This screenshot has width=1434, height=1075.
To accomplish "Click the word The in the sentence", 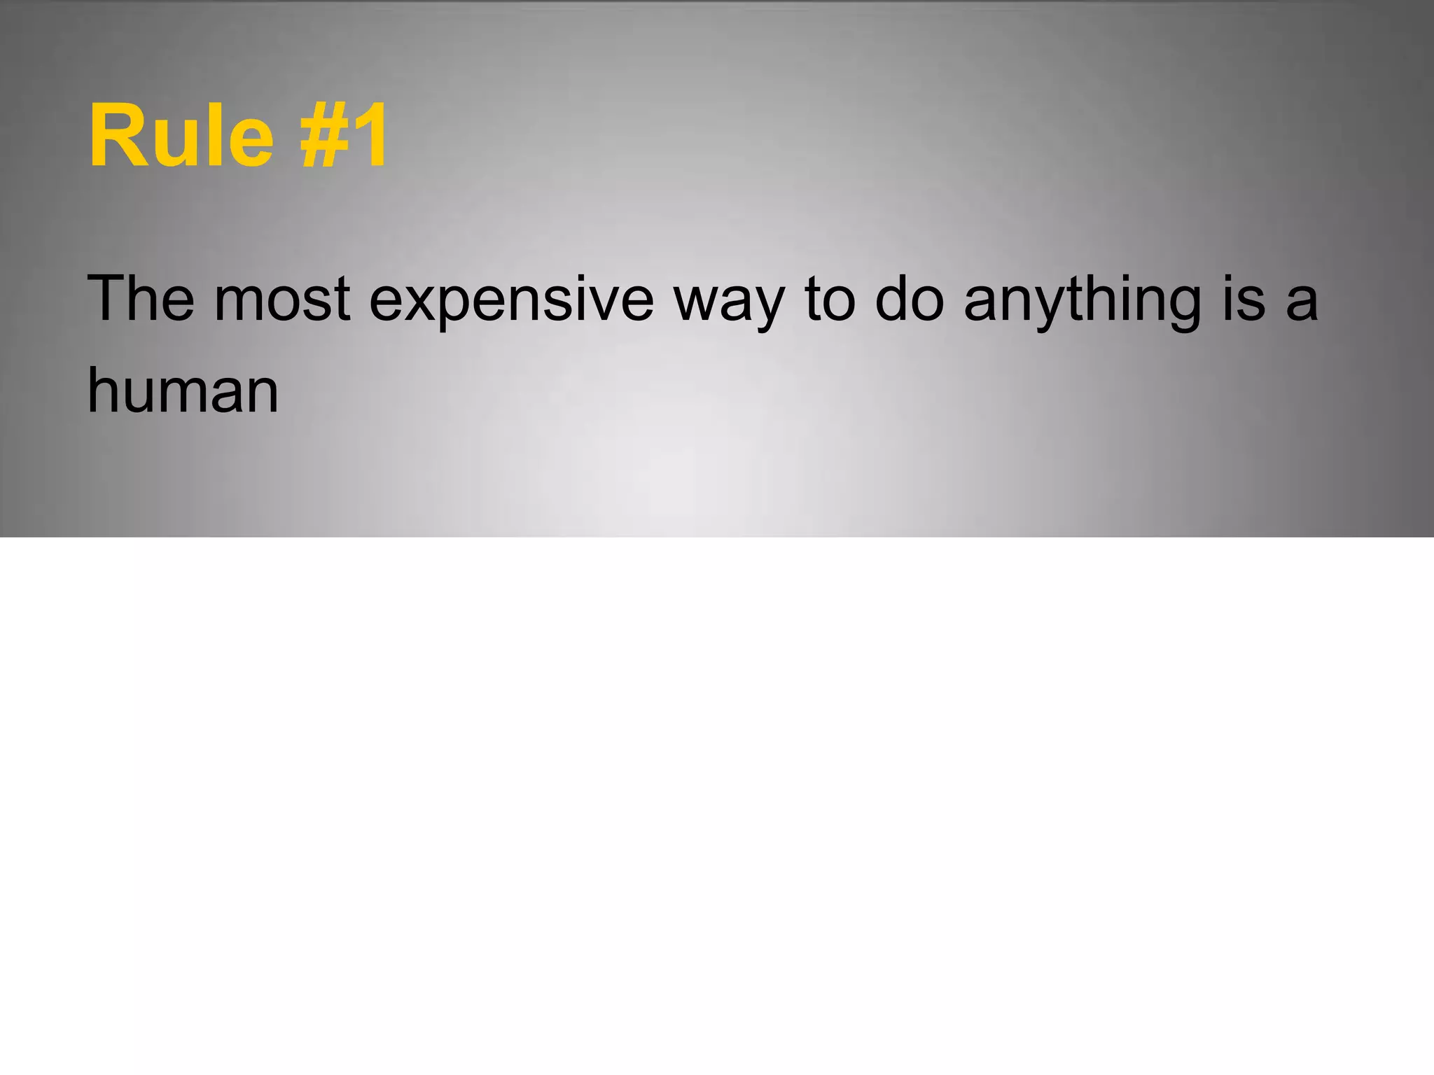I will pyautogui.click(x=140, y=299).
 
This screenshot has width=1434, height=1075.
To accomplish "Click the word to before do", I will pyautogui.click(x=830, y=300).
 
